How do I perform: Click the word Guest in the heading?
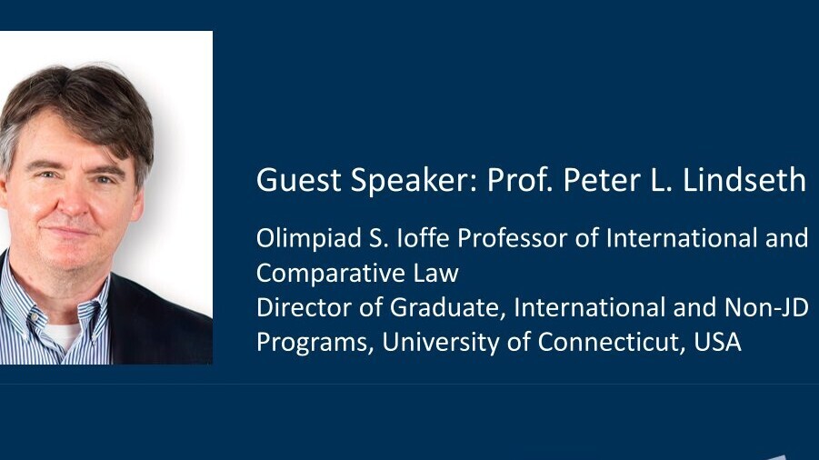tap(299, 180)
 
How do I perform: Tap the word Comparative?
tap(331, 273)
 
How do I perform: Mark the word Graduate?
tap(447, 307)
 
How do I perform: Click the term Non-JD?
tap(766, 307)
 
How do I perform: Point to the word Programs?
tap(315, 343)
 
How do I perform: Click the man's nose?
tap(72, 201)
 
